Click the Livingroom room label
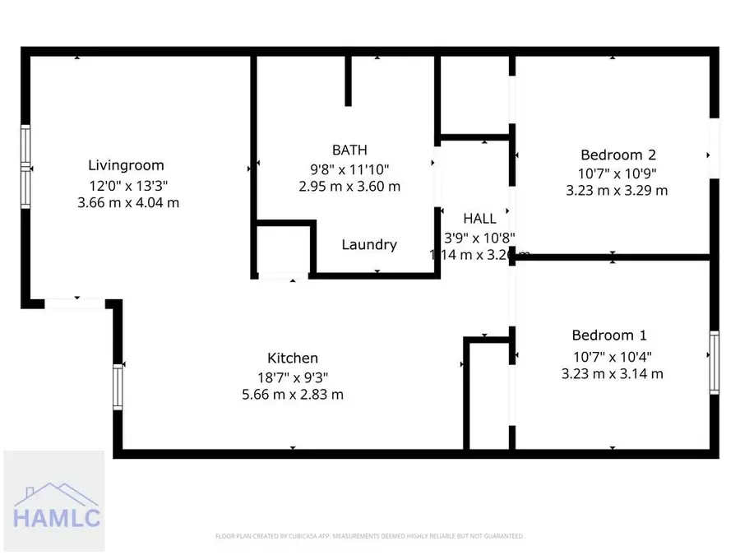(x=126, y=165)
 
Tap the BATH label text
(x=349, y=150)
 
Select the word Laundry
(x=369, y=244)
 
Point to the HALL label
(x=479, y=219)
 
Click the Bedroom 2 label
(x=617, y=155)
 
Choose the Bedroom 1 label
(x=609, y=335)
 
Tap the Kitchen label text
(x=293, y=358)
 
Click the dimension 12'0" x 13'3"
(x=127, y=185)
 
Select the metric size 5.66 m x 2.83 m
(x=293, y=395)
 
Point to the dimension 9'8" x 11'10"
(x=349, y=169)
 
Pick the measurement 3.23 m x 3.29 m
(x=617, y=191)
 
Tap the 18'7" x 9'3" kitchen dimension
(x=293, y=377)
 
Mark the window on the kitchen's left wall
(x=118, y=387)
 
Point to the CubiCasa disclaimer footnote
(x=369, y=537)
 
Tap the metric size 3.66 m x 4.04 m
(x=127, y=203)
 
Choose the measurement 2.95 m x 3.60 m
(x=349, y=187)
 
